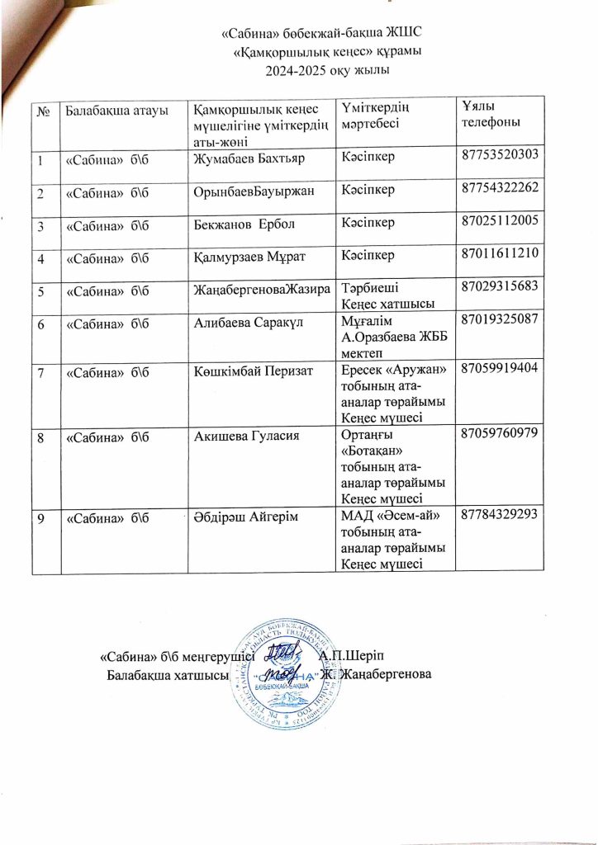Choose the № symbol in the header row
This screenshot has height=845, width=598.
40,111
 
